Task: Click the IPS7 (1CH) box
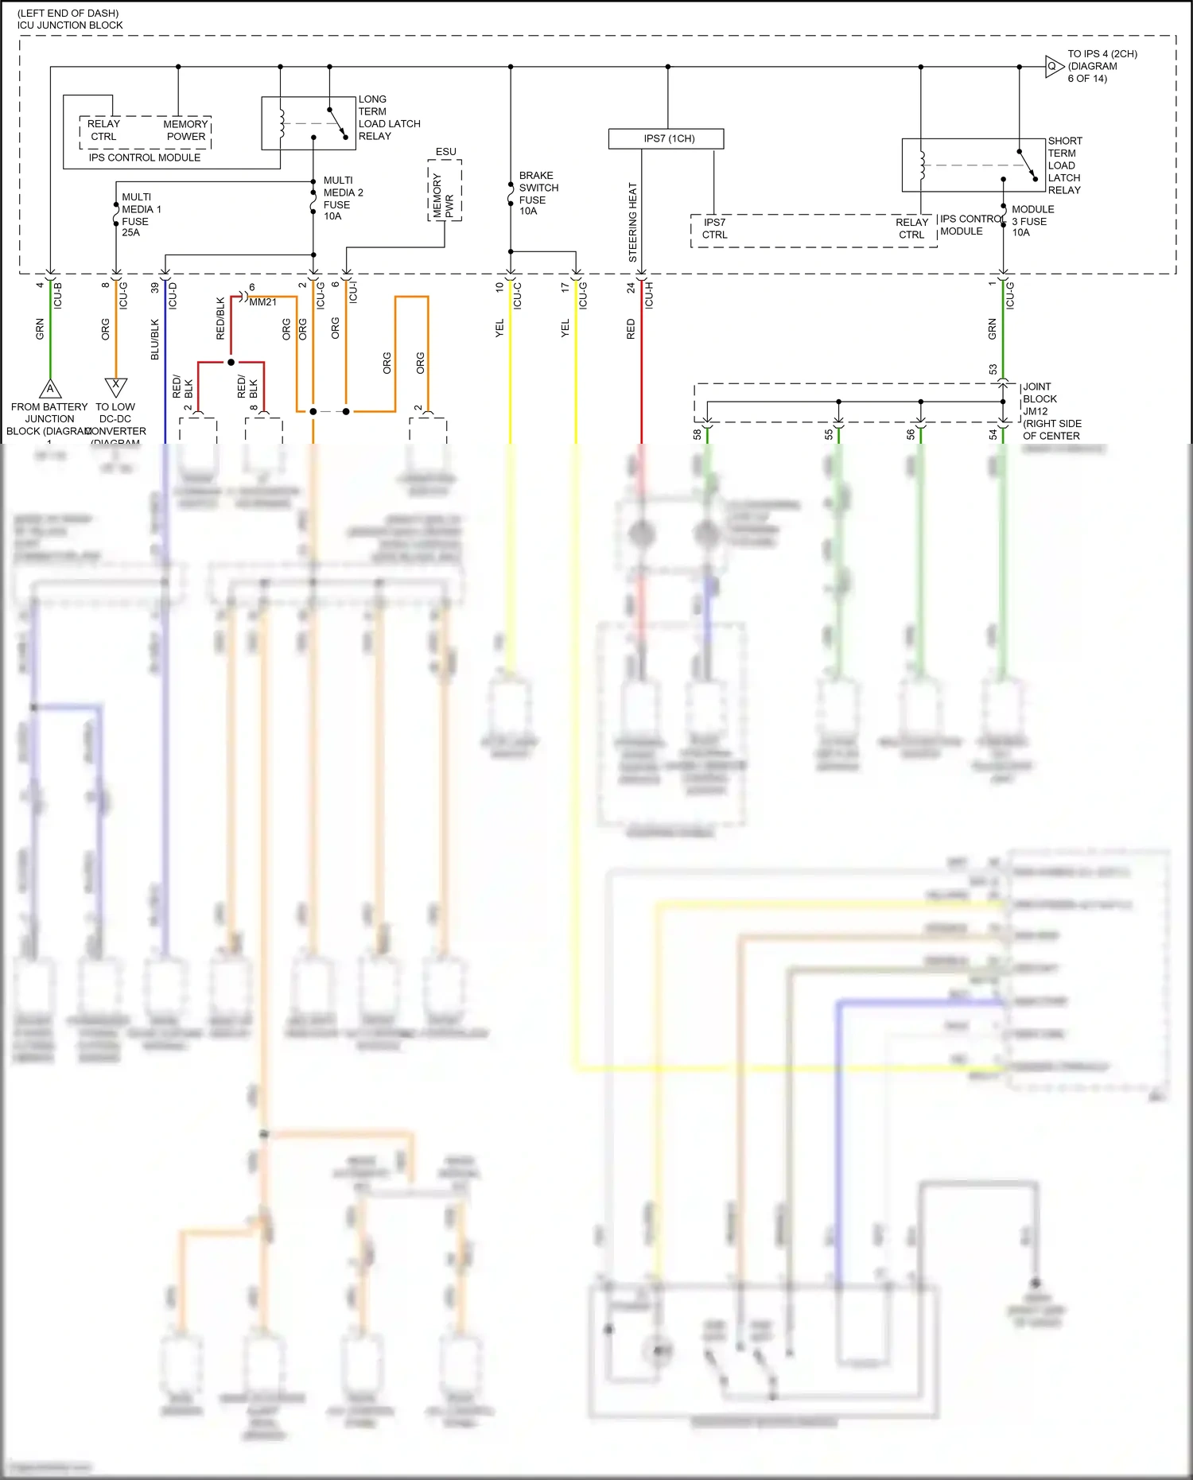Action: [666, 138]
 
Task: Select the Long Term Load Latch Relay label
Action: [388, 118]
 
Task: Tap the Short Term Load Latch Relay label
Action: [1064, 165]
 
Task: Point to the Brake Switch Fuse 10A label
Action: [538, 193]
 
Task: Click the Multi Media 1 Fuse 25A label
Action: [141, 215]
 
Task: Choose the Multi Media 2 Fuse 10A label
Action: [342, 198]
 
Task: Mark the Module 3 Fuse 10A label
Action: [1032, 220]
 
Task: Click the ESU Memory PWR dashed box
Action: [445, 191]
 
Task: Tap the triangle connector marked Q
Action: [1053, 67]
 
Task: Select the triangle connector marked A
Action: [50, 388]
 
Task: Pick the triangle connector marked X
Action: [116, 387]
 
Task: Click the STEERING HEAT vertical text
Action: [633, 223]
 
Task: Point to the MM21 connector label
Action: [262, 302]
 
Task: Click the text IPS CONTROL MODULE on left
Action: [144, 157]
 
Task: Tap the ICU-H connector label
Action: [649, 295]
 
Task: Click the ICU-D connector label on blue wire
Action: [173, 296]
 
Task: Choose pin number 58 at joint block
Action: [698, 434]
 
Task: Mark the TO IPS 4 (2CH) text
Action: [1102, 54]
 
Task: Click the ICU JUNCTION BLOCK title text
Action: [70, 25]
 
